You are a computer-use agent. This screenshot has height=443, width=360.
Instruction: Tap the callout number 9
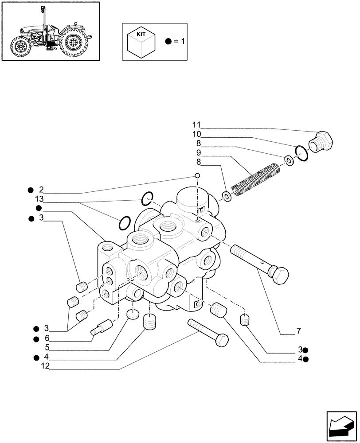[x=199, y=152]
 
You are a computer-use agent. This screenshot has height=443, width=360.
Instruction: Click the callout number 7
[x=299, y=330]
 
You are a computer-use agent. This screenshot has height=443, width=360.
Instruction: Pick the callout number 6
[x=46, y=338]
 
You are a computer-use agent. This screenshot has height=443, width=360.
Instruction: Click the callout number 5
[x=46, y=348]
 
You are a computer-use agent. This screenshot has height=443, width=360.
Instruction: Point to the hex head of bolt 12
[x=220, y=341]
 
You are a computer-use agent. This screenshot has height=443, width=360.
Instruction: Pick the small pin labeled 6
[x=102, y=329]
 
